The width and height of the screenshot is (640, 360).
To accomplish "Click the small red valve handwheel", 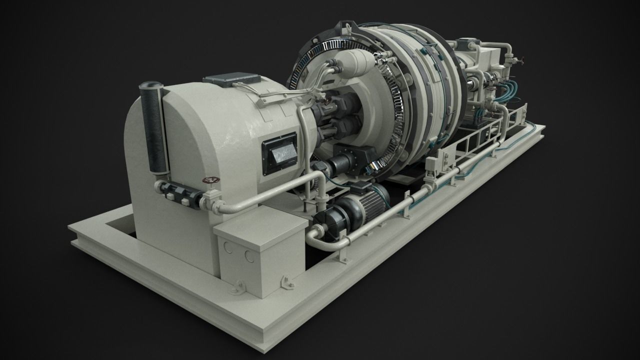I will (208, 180).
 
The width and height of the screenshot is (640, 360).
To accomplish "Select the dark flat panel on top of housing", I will (232, 79).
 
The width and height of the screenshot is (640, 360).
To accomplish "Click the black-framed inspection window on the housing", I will (280, 153).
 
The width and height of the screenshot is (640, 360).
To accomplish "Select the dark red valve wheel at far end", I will (522, 61).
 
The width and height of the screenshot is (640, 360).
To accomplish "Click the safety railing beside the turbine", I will (480, 140).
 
